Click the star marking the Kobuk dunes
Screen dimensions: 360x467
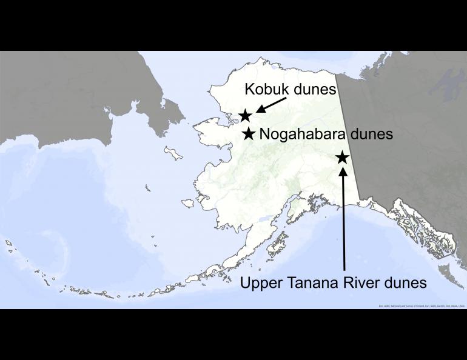(245, 115)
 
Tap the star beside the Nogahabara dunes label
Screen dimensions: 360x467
(249, 133)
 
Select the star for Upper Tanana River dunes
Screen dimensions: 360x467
(342, 157)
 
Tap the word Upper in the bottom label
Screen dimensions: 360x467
(262, 282)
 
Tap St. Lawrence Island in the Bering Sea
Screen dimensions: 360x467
(173, 154)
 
